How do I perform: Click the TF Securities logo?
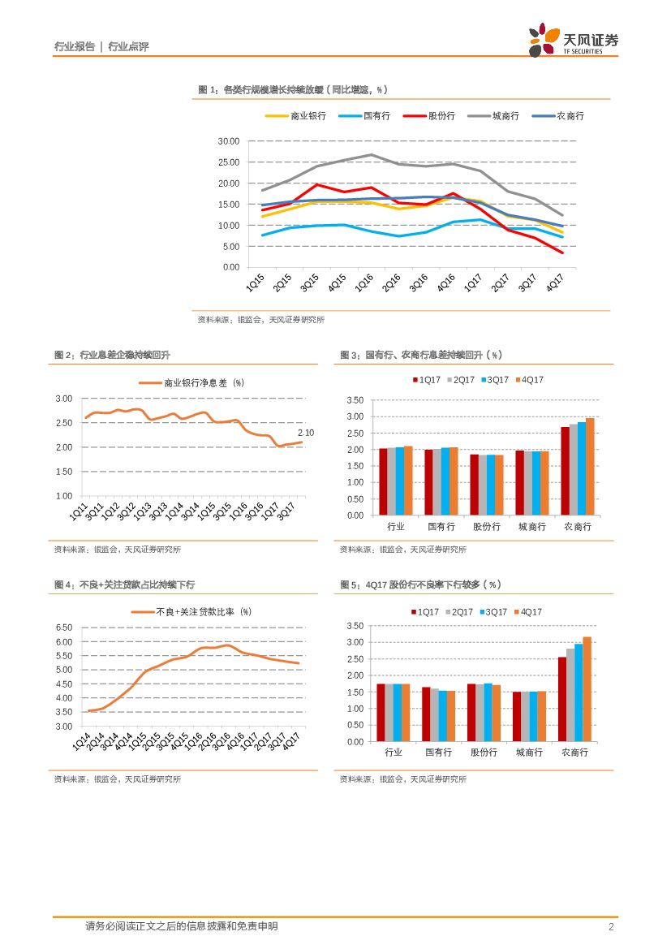pyautogui.click(x=573, y=40)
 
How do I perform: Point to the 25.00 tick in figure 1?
pyautogui.click(x=229, y=162)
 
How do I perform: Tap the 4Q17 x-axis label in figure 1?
pyautogui.click(x=555, y=283)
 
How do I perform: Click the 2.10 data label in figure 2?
pyautogui.click(x=306, y=433)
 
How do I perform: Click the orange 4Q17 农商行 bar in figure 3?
pyautogui.click(x=590, y=466)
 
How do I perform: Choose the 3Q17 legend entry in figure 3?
pyautogui.click(x=497, y=380)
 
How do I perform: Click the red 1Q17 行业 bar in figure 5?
pyautogui.click(x=381, y=712)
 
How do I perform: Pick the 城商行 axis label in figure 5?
pyautogui.click(x=530, y=753)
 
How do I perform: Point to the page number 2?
pyautogui.click(x=611, y=927)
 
